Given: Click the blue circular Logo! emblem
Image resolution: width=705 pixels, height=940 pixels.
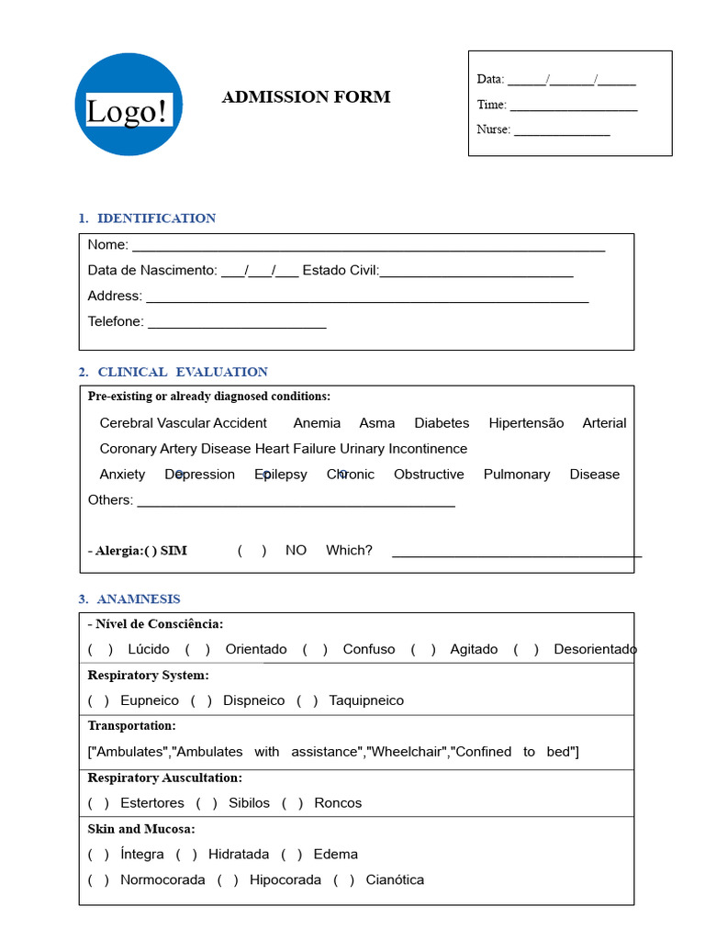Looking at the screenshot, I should pyautogui.click(x=129, y=105).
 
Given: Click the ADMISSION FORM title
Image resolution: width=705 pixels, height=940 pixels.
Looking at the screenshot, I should pyautogui.click(x=306, y=97).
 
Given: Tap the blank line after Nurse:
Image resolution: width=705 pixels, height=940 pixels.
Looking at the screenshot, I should pyautogui.click(x=562, y=131).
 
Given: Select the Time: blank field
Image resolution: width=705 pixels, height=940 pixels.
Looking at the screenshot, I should pyautogui.click(x=574, y=106).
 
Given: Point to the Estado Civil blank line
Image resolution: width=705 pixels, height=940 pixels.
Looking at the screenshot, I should pyautogui.click(x=476, y=273).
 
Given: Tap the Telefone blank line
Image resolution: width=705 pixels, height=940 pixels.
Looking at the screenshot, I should pyautogui.click(x=237, y=324).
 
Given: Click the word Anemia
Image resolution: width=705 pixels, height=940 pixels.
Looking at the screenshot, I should pyautogui.click(x=317, y=423).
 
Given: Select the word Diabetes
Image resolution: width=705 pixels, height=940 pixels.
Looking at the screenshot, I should pyautogui.click(x=442, y=423).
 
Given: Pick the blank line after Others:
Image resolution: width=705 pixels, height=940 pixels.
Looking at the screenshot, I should pyautogui.click(x=296, y=502).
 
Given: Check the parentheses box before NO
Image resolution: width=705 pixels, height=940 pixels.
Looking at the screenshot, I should pyautogui.click(x=252, y=551).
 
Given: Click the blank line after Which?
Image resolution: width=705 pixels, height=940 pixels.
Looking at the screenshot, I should pyautogui.click(x=516, y=553).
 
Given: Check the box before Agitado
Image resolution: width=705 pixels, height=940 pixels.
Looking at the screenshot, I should pyautogui.click(x=423, y=650).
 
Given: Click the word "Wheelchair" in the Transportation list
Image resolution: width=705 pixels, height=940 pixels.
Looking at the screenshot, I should pyautogui.click(x=407, y=752).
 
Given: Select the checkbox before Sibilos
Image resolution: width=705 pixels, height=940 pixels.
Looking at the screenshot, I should pyautogui.click(x=207, y=803).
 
